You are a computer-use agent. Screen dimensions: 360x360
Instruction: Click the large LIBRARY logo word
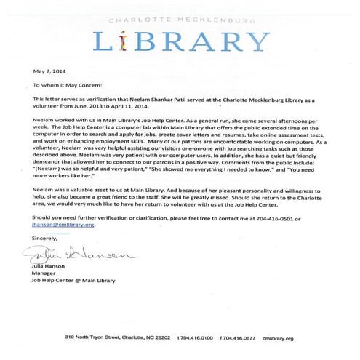pos(180,41)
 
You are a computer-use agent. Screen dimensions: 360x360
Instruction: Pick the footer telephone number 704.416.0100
pos(199,338)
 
